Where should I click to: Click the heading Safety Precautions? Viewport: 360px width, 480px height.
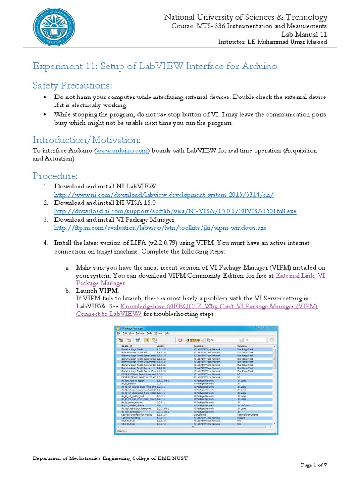click(73, 85)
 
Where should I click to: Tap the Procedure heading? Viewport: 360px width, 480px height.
click(55, 175)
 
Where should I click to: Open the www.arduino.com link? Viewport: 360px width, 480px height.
click(122, 150)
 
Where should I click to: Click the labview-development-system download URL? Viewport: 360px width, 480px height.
click(164, 194)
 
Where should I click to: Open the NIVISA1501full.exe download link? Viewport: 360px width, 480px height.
click(175, 211)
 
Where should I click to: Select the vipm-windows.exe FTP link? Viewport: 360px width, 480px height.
click(160, 228)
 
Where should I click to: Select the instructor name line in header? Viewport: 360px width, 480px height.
click(273, 42)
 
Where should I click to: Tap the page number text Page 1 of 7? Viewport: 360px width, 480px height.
click(314, 465)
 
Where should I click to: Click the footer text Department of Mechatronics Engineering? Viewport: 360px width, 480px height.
click(110, 457)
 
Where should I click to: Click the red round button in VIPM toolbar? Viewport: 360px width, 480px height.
click(180, 339)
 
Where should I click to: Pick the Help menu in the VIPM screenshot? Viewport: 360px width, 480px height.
click(167, 333)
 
